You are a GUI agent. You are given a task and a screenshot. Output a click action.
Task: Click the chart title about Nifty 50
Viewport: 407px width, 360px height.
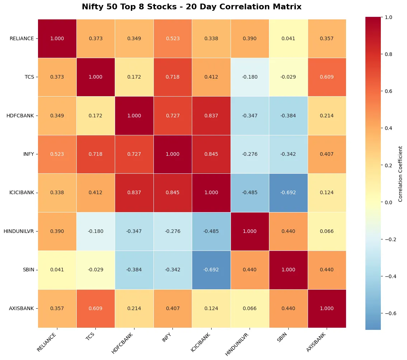point(191,7)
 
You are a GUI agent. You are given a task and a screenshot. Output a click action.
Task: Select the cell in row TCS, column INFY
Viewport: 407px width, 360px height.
point(172,77)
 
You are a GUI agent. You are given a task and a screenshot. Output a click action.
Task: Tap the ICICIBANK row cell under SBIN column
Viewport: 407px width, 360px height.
point(288,193)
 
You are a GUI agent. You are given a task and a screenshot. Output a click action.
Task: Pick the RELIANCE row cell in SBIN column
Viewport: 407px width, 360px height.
point(288,38)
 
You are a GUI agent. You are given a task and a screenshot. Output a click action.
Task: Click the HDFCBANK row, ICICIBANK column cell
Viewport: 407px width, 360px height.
point(211,116)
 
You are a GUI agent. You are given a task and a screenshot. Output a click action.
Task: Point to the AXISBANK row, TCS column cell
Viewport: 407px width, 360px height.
point(95,308)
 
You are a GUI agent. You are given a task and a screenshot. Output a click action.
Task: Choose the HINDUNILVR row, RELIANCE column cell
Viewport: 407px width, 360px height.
point(57,231)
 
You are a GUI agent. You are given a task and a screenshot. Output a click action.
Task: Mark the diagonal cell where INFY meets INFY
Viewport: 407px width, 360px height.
point(172,154)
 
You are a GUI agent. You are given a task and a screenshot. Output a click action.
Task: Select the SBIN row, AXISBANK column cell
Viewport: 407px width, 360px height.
point(327,270)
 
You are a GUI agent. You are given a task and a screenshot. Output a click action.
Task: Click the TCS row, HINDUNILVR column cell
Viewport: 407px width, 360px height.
point(250,77)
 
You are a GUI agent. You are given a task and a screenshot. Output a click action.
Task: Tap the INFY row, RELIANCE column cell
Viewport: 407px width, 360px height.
point(57,154)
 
